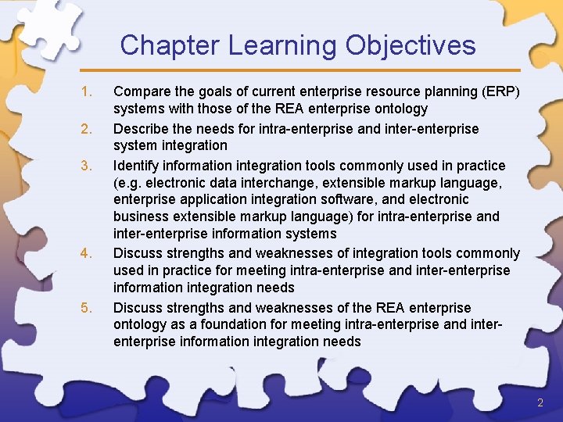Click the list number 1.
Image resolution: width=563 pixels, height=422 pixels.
pos(86,92)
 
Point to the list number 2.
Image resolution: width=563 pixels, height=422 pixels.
pos(86,128)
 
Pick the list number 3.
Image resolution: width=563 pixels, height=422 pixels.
pos(86,166)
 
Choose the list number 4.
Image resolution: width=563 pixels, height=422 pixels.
pos(86,253)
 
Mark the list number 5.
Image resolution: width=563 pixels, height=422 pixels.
pos(86,307)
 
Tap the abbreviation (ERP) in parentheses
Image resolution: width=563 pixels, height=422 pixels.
pos(500,92)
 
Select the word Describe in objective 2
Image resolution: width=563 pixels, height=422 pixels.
pos(142,128)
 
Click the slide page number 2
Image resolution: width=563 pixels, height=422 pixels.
pos(540,402)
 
